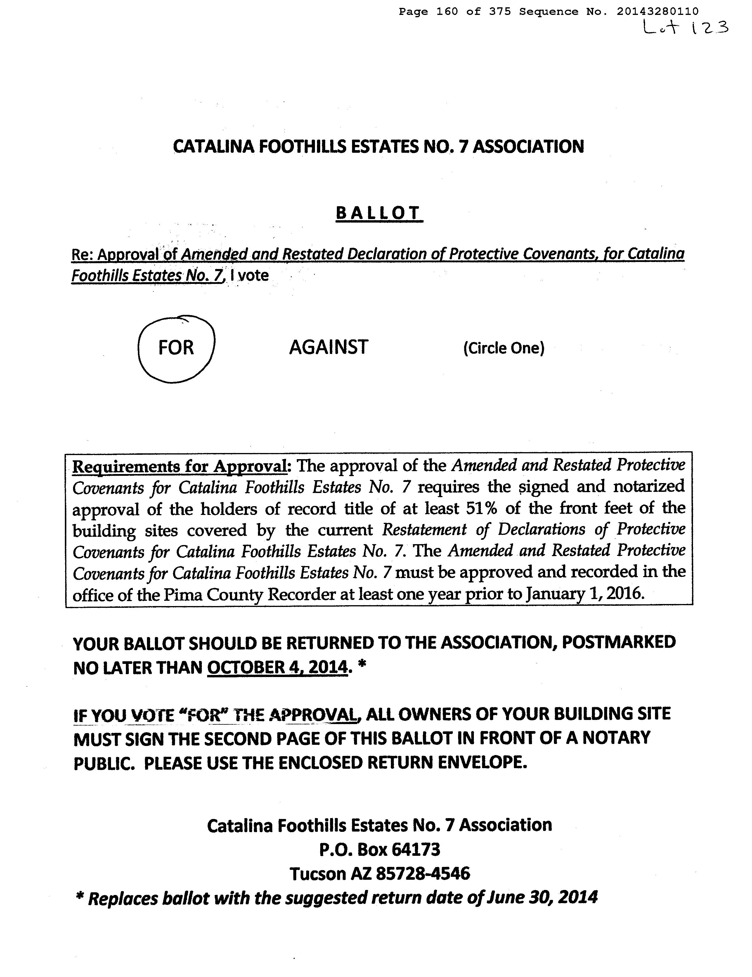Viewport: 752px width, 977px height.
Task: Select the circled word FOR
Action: point(176,348)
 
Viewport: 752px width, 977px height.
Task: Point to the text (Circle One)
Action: point(504,348)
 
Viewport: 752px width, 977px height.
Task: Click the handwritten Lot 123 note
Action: point(685,28)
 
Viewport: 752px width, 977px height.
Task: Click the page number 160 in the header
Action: point(447,12)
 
